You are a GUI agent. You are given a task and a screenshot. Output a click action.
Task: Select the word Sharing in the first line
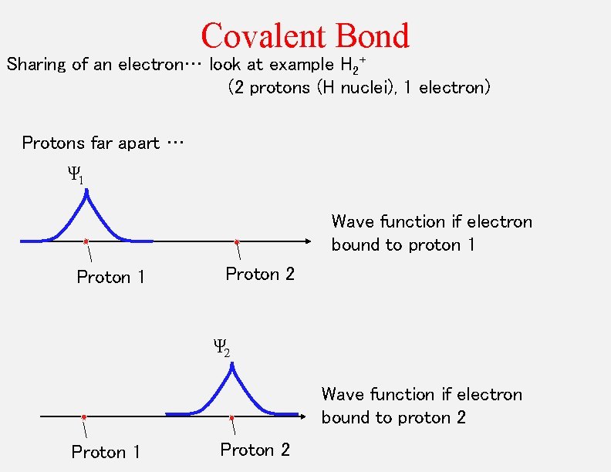37,65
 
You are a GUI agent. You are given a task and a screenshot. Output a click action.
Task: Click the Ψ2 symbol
221,348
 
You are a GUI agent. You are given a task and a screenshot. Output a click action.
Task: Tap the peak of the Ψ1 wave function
86,193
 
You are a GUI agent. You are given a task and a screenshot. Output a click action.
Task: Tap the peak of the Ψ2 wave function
231,366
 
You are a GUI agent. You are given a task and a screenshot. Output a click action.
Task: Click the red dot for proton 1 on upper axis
86,241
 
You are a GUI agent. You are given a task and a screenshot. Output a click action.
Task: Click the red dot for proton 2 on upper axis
237,241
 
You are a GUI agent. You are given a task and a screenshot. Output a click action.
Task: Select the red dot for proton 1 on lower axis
83,417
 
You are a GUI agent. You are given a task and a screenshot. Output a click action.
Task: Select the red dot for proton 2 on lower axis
231,417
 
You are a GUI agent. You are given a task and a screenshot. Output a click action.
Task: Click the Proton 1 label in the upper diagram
111,277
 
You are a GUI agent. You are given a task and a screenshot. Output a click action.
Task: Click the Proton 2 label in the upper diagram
260,274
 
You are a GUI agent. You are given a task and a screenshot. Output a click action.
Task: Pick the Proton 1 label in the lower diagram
106,452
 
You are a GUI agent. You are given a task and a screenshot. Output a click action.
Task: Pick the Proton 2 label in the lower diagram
255,450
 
